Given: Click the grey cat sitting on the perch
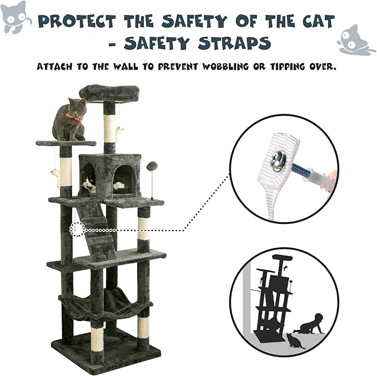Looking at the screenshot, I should tap(69, 119).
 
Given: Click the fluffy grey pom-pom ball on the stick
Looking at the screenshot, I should tap(152, 166).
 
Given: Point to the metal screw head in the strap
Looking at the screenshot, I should tap(278, 161).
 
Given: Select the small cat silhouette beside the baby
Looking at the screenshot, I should tap(295, 340).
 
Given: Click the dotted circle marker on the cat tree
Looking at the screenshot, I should tap(77, 229).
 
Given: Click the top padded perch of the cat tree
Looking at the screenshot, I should tap(108, 93).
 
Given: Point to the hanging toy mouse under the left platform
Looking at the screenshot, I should tap(54, 177).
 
